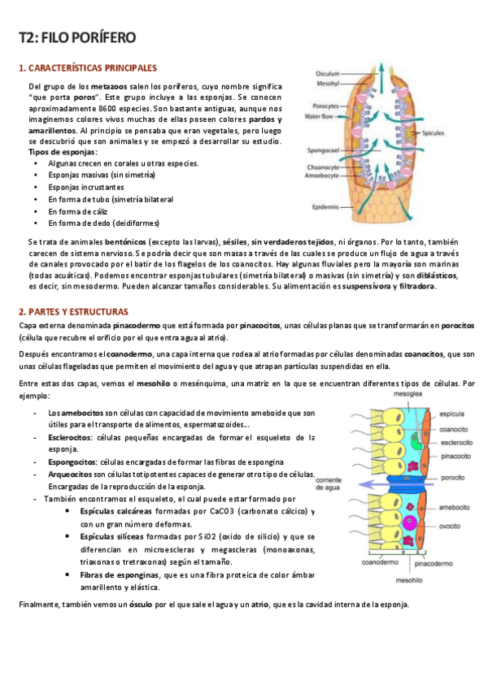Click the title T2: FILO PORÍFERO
tap(77, 37)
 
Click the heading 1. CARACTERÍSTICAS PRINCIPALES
tap(88, 68)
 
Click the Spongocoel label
tap(322, 150)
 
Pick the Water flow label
tap(320, 116)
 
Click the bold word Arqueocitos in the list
tap(71, 474)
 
